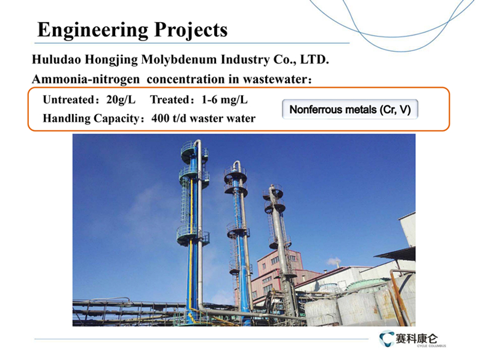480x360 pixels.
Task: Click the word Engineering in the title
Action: (x=93, y=31)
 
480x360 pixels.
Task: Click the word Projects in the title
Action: (x=191, y=30)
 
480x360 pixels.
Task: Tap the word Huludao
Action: (x=57, y=60)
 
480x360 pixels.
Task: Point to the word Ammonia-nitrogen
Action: (x=86, y=79)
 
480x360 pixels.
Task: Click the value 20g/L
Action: (x=121, y=100)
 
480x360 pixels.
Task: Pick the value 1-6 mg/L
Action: (x=225, y=100)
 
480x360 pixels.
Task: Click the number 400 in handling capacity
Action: (x=161, y=119)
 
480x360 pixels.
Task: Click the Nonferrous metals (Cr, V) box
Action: (x=350, y=110)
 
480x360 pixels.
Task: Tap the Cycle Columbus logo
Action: (x=412, y=339)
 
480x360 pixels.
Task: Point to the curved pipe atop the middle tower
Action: (x=238, y=166)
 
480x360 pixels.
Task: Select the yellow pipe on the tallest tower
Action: (x=190, y=245)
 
